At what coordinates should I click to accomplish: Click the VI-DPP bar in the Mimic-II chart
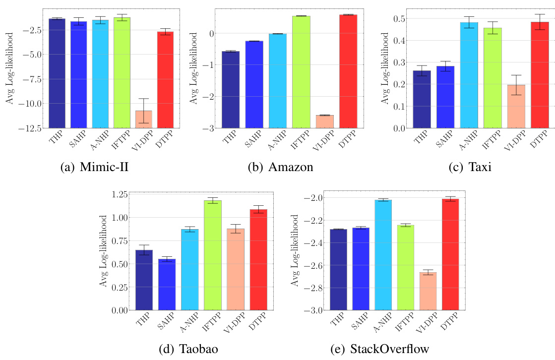[144, 119]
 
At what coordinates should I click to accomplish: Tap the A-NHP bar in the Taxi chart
[469, 75]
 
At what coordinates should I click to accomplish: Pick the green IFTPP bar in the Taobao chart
[212, 255]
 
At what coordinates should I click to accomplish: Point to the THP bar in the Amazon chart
[231, 89]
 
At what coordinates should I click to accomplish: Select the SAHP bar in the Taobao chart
[167, 284]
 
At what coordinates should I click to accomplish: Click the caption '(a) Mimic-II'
[94, 167]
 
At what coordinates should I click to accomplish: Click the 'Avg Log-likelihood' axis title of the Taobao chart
[104, 251]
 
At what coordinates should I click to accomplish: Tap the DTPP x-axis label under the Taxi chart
[538, 138]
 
